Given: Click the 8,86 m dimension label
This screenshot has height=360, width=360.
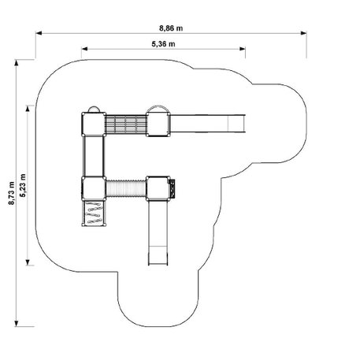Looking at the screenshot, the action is click(171, 28).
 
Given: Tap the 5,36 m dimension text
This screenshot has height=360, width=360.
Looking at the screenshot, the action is click(163, 44).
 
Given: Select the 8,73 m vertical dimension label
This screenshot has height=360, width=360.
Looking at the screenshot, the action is click(11, 193).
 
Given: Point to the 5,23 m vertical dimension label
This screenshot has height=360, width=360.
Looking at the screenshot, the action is click(23, 185).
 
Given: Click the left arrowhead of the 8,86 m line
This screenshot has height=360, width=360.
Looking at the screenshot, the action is click(39, 33).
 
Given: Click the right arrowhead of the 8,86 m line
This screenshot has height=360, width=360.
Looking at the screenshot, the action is click(303, 33).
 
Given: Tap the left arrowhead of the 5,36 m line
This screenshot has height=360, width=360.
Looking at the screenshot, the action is click(84, 49).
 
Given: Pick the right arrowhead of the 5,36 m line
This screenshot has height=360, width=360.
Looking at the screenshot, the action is click(243, 49).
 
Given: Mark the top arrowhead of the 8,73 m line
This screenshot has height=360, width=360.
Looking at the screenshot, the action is click(17, 62).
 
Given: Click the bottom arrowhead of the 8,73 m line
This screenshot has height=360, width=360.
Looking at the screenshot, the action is click(17, 324).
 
